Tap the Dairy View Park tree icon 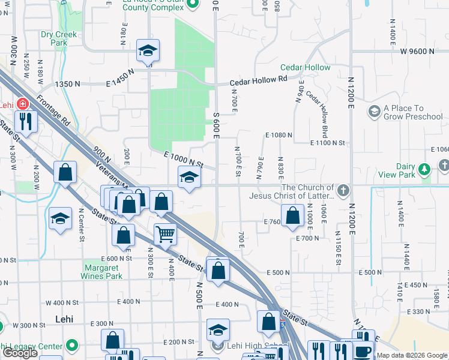coord(425,169)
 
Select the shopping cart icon coord(165,233)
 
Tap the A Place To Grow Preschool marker coord(375,110)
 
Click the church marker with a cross coord(343,191)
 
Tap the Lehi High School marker coord(218,346)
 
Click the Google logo coord(20,353)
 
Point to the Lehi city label coord(64,319)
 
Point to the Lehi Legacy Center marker coord(72,346)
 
